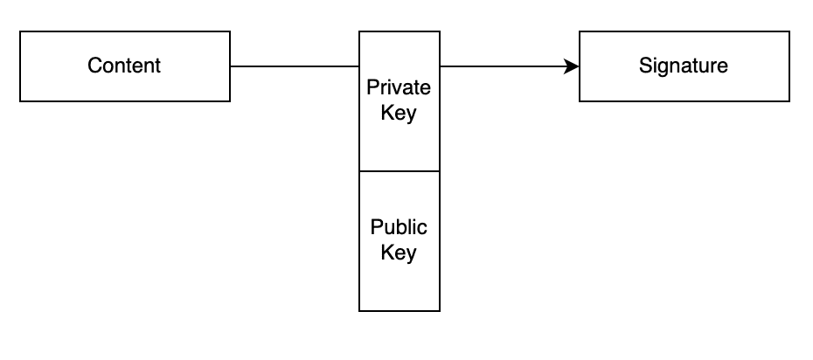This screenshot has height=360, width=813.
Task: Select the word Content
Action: pyautogui.click(x=124, y=66)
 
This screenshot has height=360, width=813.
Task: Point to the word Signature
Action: pyautogui.click(x=683, y=66)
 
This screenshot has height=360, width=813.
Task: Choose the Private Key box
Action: pyautogui.click(x=400, y=144)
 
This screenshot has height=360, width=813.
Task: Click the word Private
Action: pyautogui.click(x=399, y=88)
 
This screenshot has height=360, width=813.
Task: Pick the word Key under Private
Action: pyautogui.click(x=399, y=114)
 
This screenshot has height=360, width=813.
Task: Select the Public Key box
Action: pyautogui.click(x=400, y=284)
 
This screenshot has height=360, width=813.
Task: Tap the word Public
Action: pyautogui.click(x=399, y=228)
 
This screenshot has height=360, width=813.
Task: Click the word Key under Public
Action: pyautogui.click(x=399, y=254)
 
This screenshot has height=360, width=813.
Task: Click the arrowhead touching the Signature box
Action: pyautogui.click(x=573, y=66)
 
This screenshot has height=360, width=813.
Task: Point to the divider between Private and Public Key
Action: pyautogui.click(x=400, y=171)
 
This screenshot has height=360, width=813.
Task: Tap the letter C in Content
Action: pyautogui.click(x=94, y=66)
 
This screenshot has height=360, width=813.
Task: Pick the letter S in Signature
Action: pyautogui.click(x=644, y=66)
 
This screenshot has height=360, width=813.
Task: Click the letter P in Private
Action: pyautogui.click(x=372, y=88)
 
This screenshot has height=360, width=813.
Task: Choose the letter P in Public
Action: pyautogui.click(x=376, y=228)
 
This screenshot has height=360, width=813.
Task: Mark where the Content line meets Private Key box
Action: pyautogui.click(x=359, y=66)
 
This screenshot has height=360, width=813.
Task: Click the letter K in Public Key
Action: pyautogui.click(x=386, y=254)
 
